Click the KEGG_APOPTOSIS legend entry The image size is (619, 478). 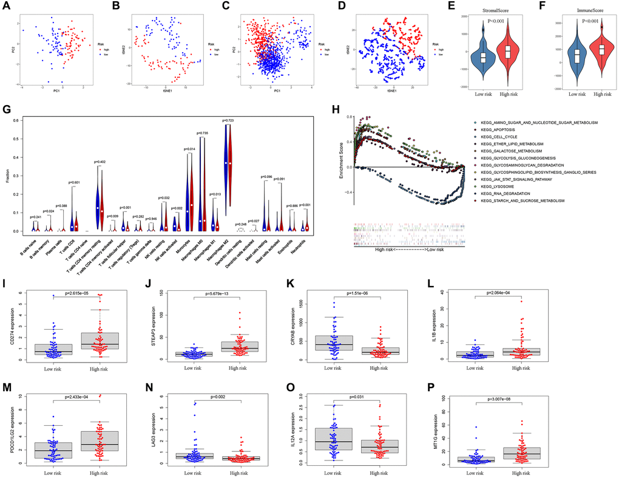(498, 131)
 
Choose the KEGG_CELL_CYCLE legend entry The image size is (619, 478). (499, 137)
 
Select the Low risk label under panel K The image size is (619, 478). (334, 367)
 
